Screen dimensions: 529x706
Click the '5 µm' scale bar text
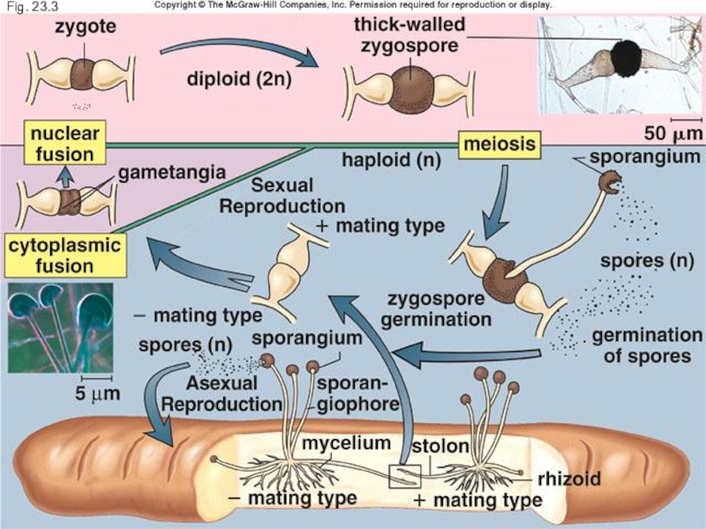click(89, 393)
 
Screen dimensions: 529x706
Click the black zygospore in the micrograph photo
click(627, 58)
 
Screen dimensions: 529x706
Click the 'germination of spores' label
click(646, 346)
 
